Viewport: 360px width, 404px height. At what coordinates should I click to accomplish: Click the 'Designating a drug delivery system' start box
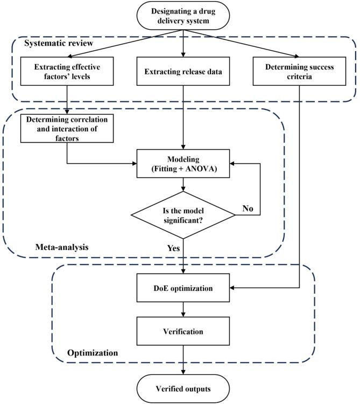tap(183, 16)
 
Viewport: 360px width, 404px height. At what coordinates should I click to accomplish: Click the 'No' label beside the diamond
tap(248, 208)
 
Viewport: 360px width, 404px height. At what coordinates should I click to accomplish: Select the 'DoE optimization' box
tap(183, 288)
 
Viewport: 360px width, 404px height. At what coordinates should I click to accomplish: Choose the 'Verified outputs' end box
tap(183, 389)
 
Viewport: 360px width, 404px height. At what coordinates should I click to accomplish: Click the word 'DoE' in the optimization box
tap(162, 288)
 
